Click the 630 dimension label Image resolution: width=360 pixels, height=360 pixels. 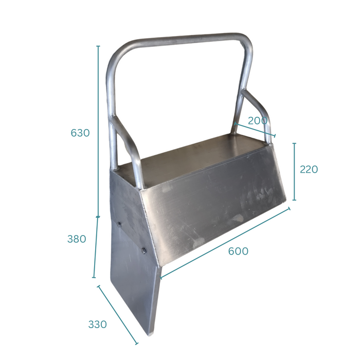tap(80, 133)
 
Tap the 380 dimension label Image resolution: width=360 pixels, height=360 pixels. tap(77, 239)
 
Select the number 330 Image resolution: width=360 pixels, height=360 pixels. tap(97, 325)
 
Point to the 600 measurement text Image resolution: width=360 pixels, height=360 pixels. tap(238, 251)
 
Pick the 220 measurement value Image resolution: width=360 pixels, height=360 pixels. tap(309, 169)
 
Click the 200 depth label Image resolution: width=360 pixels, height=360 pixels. tap(258, 121)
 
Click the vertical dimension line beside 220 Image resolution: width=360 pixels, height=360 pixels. tap(294, 171)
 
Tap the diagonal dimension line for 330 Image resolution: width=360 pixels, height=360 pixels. tap(117, 314)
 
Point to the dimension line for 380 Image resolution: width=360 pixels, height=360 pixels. tap(96, 247)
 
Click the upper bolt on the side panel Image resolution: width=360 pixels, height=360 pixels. tap(119, 224)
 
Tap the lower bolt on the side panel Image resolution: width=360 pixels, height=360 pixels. tap(143, 250)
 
